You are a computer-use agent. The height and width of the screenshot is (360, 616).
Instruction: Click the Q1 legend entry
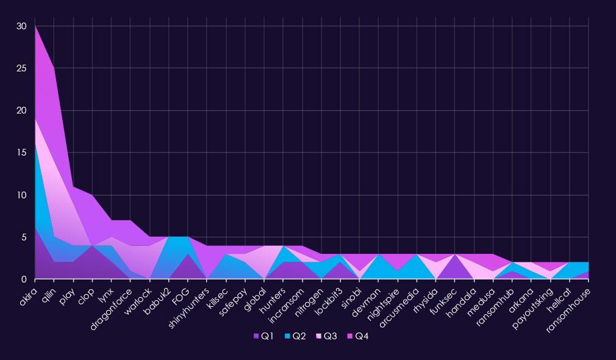(264, 336)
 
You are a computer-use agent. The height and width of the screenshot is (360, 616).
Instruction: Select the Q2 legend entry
(295, 336)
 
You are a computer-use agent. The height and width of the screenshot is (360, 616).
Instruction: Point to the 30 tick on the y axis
(22, 26)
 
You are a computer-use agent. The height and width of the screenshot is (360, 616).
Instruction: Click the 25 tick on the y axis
(22, 68)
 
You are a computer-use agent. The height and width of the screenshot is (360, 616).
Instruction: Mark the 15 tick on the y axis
(22, 153)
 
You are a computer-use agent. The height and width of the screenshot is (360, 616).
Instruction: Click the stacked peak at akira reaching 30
(36, 26)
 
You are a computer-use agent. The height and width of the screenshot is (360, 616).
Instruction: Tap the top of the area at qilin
(55, 68)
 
